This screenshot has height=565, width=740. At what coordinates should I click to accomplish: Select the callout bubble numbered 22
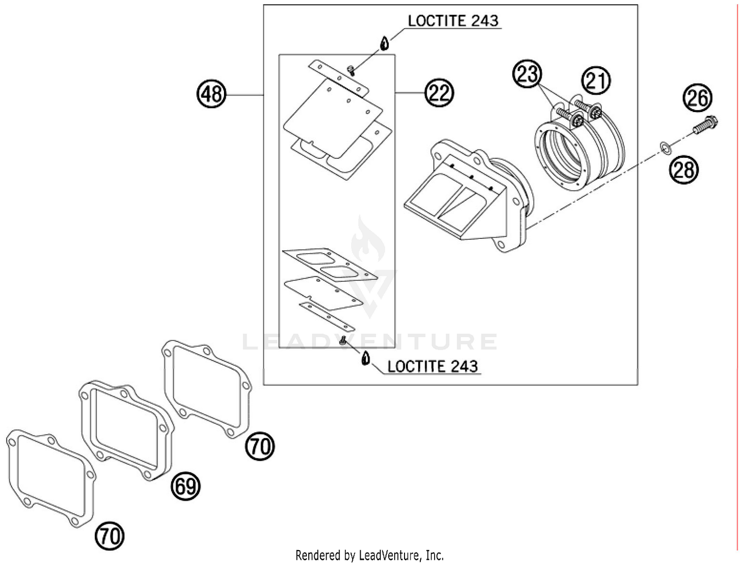439,93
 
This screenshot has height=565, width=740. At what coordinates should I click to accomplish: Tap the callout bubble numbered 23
527,75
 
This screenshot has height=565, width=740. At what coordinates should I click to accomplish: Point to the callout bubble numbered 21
596,80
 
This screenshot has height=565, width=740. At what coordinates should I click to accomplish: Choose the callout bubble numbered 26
697,98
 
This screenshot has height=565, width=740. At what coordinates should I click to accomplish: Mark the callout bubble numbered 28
684,170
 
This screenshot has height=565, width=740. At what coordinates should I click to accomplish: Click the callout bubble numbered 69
185,487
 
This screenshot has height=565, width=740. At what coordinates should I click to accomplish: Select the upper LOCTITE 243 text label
453,21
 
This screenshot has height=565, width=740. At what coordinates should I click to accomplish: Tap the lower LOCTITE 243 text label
432,366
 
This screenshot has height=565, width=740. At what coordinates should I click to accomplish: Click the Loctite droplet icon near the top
384,43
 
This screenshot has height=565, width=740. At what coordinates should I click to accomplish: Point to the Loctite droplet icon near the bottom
365,358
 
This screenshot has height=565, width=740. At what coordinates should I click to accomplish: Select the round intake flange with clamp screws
578,148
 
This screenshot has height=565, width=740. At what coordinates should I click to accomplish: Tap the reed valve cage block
469,197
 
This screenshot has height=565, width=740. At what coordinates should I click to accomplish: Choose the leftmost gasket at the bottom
51,477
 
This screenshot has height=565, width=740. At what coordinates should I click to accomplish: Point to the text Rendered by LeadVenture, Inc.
370,555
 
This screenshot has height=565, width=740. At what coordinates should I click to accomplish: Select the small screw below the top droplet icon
351,70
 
